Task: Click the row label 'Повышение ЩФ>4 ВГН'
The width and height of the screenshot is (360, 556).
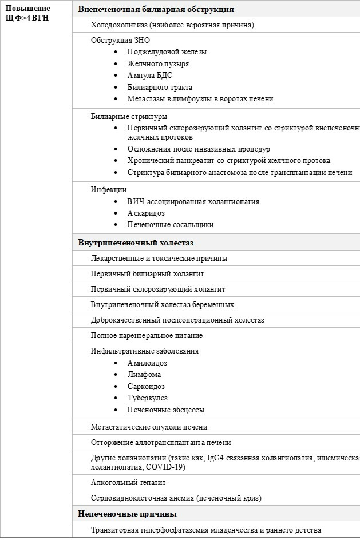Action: [x=27, y=13]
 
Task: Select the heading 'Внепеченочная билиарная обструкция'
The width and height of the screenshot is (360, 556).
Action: [x=156, y=10]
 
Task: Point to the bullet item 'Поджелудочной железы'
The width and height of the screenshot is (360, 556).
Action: [x=167, y=52]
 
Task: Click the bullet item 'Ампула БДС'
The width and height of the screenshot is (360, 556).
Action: [x=150, y=76]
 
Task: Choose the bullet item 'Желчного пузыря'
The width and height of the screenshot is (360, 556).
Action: [x=159, y=64]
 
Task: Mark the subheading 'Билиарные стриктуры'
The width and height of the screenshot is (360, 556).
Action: [x=129, y=117]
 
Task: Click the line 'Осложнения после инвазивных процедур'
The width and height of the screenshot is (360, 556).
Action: [x=199, y=149]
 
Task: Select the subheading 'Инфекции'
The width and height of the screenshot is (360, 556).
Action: [x=109, y=189]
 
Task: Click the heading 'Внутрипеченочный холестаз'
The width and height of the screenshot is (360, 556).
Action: [x=136, y=243]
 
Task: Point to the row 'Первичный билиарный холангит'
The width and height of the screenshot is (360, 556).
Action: [x=148, y=274]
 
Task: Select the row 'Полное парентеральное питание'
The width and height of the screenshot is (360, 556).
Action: [x=147, y=335]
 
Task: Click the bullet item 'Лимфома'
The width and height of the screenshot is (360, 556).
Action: [x=144, y=375]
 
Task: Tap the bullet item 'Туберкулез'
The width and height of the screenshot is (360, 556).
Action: [x=148, y=398]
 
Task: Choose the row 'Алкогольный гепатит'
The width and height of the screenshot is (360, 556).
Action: [x=128, y=483]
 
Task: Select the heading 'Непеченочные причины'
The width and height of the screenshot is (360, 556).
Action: [x=127, y=514]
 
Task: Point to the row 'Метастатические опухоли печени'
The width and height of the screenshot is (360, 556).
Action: [x=149, y=427]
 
